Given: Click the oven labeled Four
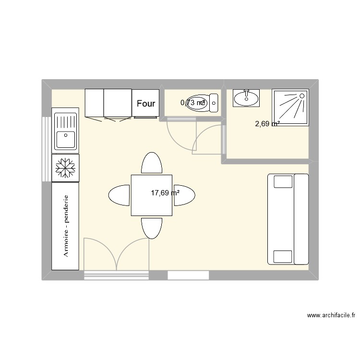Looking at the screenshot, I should tap(146, 103).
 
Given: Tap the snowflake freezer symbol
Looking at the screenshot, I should tap(65, 168).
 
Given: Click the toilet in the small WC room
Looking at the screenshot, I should tap(198, 102).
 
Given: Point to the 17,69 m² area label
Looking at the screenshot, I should tap(165, 193).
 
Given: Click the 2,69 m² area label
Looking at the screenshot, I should tap(267, 124).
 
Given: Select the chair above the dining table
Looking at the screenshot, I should tap(151, 163).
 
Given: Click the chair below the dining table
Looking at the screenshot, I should tap(151, 228).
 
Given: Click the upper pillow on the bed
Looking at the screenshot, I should tap(283, 181).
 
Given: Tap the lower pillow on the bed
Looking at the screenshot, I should tap(283, 257).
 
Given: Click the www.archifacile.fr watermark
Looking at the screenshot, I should tap(331, 315).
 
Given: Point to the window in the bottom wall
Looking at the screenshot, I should tap(188, 275).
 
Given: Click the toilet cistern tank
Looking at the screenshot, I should tap(214, 102).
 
